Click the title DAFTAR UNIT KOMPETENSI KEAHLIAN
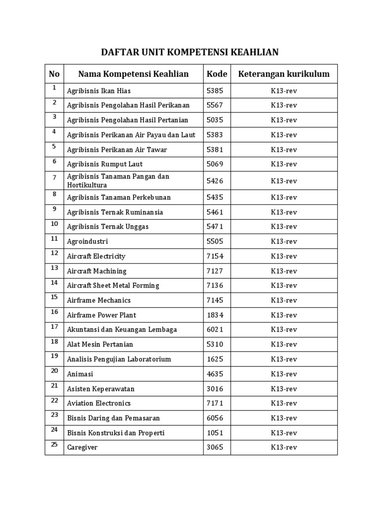(190, 52)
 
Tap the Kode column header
(217, 74)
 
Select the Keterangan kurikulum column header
(284, 74)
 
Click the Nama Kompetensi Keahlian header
(133, 74)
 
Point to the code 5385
(215, 91)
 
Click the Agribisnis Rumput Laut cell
(105, 164)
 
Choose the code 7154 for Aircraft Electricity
(215, 256)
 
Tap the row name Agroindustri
(88, 242)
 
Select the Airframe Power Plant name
(101, 315)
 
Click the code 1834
(215, 315)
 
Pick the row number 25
(54, 445)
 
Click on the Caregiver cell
(83, 448)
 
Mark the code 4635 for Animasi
(215, 374)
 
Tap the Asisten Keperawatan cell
(101, 389)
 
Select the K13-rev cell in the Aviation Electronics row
(284, 404)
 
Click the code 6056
(215, 418)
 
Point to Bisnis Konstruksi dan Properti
(116, 433)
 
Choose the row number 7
(54, 177)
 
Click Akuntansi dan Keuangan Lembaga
(122, 330)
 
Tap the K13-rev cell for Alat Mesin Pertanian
(284, 345)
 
